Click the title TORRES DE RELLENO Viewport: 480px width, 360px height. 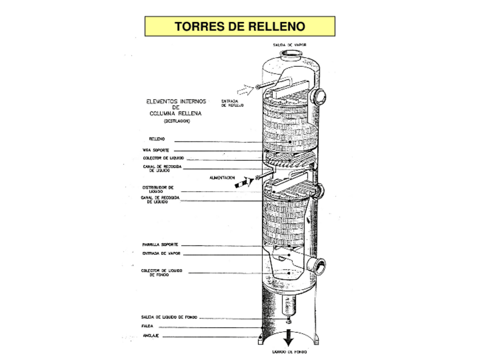(239, 26)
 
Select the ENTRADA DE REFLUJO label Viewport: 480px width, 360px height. (232, 104)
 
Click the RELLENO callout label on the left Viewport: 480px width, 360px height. (157, 139)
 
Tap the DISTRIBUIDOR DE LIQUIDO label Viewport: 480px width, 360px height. (157, 189)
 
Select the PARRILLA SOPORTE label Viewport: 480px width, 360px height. (160, 245)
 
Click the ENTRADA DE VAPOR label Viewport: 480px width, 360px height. (161, 254)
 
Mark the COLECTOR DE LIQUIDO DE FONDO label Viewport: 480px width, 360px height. (161, 273)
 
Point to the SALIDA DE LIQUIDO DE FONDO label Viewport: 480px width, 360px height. (169, 317)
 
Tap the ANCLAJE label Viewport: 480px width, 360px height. (149, 336)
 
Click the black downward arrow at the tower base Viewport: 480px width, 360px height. (288, 338)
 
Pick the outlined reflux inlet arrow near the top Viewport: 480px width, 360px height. (242, 89)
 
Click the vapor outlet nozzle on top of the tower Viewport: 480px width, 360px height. (290, 55)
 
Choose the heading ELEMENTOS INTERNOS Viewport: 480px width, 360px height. (176, 102)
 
